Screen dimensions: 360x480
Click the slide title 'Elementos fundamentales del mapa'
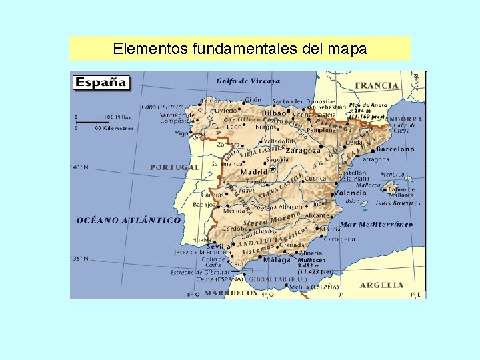(x=239, y=49)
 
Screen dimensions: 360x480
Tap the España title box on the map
(x=101, y=83)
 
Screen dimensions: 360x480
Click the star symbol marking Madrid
(x=272, y=169)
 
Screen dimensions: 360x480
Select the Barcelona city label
(x=395, y=149)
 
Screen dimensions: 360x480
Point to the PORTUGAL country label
(x=174, y=167)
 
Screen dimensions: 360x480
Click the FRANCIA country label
(x=377, y=85)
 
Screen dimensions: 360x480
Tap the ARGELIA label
(x=381, y=285)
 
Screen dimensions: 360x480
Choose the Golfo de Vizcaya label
(x=248, y=81)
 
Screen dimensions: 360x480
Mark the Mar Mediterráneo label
(x=376, y=224)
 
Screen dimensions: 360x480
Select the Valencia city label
(x=350, y=193)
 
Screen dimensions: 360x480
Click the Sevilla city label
(x=218, y=246)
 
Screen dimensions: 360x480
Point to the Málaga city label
(x=277, y=260)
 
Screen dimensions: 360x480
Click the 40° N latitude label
(x=81, y=167)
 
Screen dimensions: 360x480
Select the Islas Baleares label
(x=398, y=203)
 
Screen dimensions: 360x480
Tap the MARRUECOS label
(x=231, y=292)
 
